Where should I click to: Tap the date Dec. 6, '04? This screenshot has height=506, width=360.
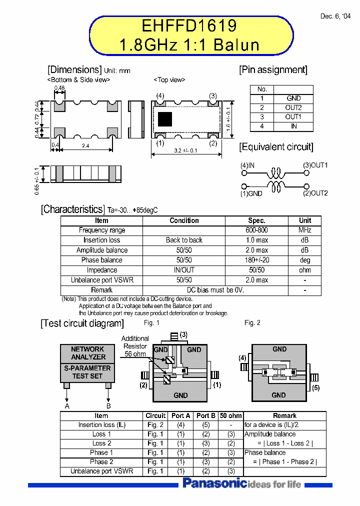pyautogui.click(x=335, y=16)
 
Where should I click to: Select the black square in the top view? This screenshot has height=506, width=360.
pyautogui.click(x=165, y=119)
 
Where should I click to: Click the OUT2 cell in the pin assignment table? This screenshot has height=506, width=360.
pyautogui.click(x=293, y=107)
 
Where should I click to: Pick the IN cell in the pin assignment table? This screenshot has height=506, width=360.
pyautogui.click(x=293, y=126)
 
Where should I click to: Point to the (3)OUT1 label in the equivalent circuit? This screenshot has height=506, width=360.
pyautogui.click(x=315, y=165)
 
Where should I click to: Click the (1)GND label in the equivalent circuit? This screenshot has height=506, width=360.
pyautogui.click(x=251, y=193)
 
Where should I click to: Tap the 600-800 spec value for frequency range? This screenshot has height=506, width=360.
pyautogui.click(x=257, y=230)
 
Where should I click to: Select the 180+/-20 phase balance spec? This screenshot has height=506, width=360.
pyautogui.click(x=257, y=260)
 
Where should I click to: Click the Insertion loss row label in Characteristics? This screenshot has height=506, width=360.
pyautogui.click(x=101, y=240)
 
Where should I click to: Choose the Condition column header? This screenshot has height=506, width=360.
pyautogui.click(x=184, y=220)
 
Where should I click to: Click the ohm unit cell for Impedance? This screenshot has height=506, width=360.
pyautogui.click(x=305, y=270)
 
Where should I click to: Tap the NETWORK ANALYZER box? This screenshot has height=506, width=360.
pyautogui.click(x=88, y=353)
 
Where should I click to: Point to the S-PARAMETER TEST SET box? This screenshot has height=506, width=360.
pyautogui.click(x=88, y=371)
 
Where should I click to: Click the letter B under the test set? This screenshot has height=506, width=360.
pyautogui.click(x=108, y=406)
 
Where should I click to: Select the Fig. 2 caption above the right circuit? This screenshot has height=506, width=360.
pyautogui.click(x=252, y=323)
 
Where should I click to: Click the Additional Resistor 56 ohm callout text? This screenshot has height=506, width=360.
pyautogui.click(x=135, y=346)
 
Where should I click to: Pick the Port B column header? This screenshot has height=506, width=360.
pyautogui.click(x=206, y=416)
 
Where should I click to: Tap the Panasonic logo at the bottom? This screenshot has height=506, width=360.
pyautogui.click(x=214, y=483)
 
